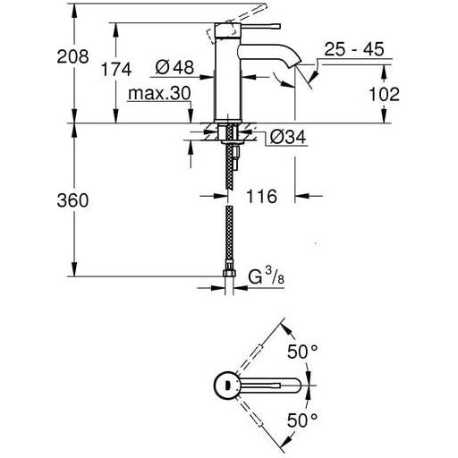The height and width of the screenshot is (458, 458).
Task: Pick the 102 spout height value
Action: pos(382,94)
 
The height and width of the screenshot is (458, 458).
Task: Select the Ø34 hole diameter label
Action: pos(288,137)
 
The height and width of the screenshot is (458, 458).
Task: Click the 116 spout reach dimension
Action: pos(264,195)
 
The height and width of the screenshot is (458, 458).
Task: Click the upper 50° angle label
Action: pos(301,352)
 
